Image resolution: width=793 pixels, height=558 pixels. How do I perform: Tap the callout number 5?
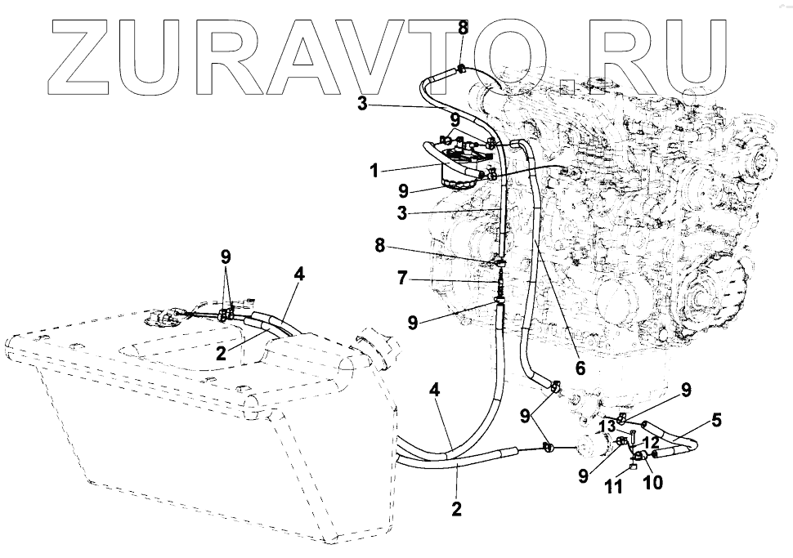click(716, 422)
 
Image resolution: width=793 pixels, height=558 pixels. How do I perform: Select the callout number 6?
click(580, 368)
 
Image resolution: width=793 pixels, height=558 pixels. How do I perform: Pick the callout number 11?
click(614, 488)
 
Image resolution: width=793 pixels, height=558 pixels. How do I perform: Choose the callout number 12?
click(652, 442)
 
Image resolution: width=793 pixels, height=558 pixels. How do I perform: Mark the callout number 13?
click(607, 426)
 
